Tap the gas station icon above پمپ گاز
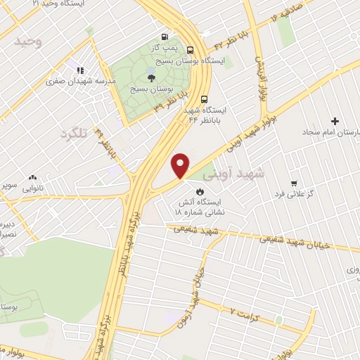165,36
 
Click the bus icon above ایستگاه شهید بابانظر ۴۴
204,99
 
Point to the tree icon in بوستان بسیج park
152,77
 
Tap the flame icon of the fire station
199,191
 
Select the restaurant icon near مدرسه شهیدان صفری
80,70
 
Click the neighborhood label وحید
18,41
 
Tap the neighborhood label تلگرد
72,134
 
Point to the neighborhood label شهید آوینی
231,172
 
